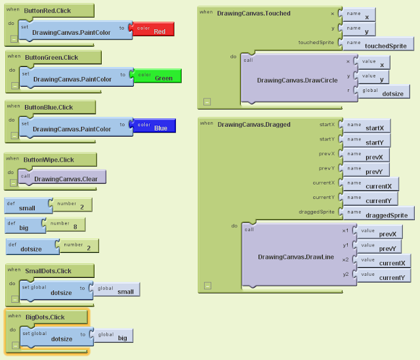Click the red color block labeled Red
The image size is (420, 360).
(x=152, y=29)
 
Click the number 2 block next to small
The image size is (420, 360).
(x=72, y=205)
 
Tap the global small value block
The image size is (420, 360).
(x=118, y=290)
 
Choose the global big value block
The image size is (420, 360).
(x=114, y=336)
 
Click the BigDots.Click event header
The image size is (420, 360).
(x=49, y=317)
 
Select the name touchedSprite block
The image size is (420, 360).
(x=379, y=44)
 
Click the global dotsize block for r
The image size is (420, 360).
(x=385, y=92)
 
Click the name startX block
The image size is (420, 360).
(x=371, y=126)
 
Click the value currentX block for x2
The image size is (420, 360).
(x=385, y=261)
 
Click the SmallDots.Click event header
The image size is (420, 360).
(x=50, y=271)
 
